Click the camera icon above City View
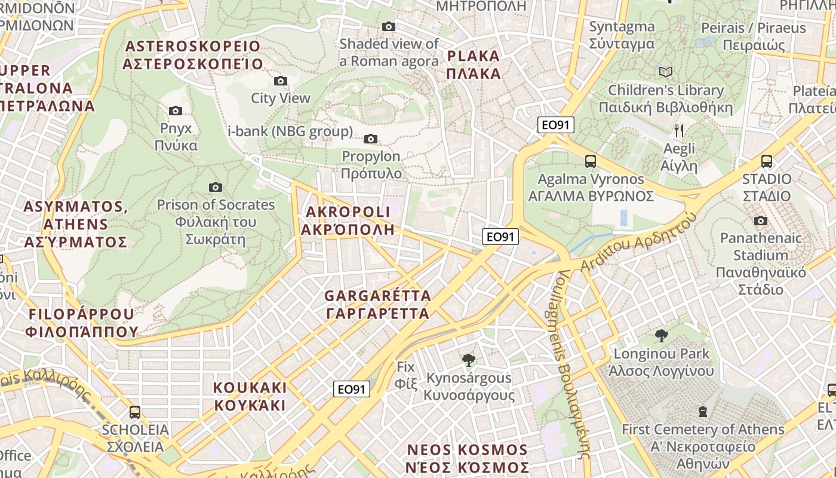pos(280,81)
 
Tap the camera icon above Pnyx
pos(175,111)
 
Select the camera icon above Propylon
pos(371,139)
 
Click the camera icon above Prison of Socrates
pos(216,188)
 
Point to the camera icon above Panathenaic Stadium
pos(760,221)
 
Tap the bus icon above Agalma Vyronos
pos(591,161)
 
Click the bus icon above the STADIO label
pos(767,161)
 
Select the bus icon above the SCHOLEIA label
pos(135,412)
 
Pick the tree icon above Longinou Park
pos(661,336)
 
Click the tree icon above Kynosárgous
pos(469,360)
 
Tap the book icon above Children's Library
pos(666,72)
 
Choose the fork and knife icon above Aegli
pos(679,131)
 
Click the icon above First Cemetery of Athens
pos(703,412)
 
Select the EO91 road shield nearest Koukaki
pos(351,389)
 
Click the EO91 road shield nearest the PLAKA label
pos(556,125)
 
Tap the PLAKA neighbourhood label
pos(474,65)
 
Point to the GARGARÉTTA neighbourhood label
pos(377,305)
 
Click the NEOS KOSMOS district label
pos(467,458)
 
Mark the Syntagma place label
pos(622,35)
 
